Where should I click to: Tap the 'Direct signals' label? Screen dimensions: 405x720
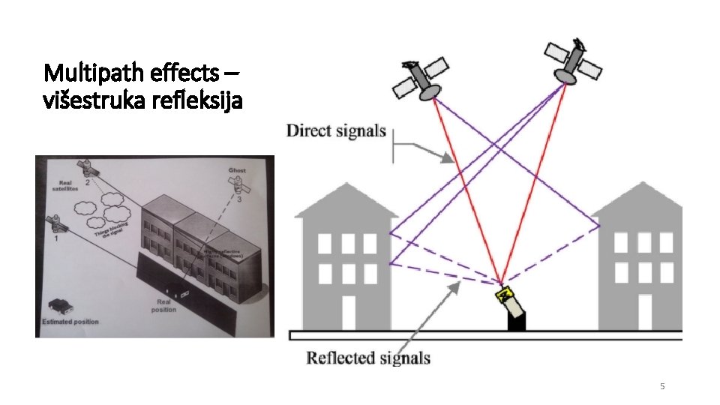tap(336, 131)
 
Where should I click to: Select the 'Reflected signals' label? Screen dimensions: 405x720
tap(367, 358)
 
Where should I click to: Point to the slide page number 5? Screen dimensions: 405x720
tap(661, 386)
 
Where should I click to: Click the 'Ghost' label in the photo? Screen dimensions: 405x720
tap(237, 171)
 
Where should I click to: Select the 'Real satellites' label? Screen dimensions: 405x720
tap(66, 187)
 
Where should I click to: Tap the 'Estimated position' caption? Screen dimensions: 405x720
tap(70, 322)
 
